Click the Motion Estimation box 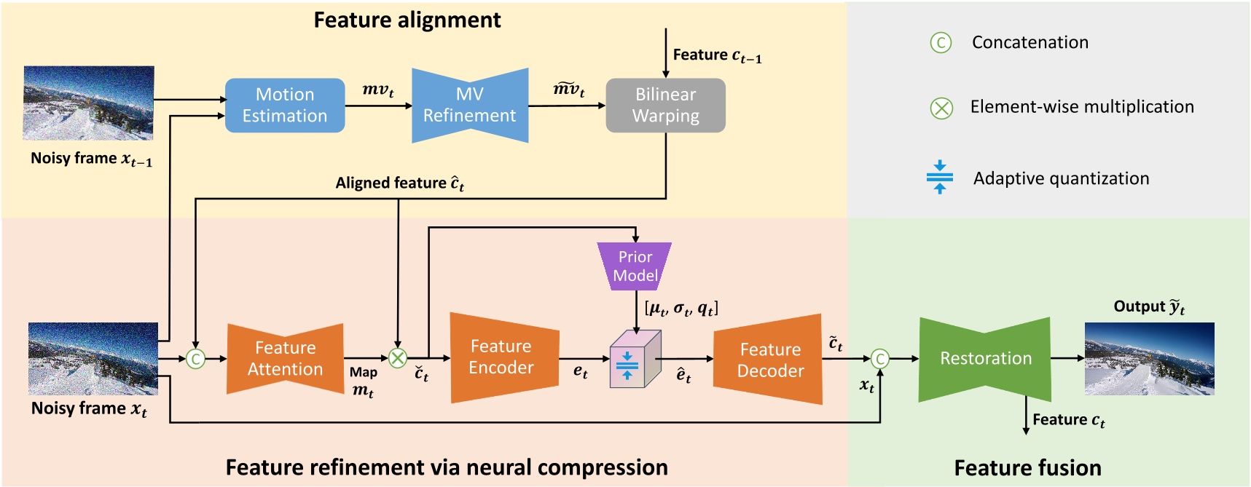[x=284, y=106]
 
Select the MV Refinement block [x=469, y=106]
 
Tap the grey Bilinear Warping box [x=665, y=106]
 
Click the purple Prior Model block [x=635, y=266]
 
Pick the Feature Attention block [x=285, y=359]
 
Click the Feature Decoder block [x=769, y=360]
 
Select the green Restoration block [x=985, y=359]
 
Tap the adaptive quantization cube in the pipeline [x=634, y=360]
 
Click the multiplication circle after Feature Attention [x=397, y=358]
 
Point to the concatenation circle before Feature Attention [x=195, y=359]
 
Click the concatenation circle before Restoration [x=880, y=359]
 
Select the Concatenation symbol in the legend [x=941, y=43]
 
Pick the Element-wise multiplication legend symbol [x=941, y=108]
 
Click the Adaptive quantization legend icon [x=940, y=177]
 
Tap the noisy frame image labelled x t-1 [x=89, y=103]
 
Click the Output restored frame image [x=1149, y=359]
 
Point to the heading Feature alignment [x=407, y=20]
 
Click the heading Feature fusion [x=1027, y=467]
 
